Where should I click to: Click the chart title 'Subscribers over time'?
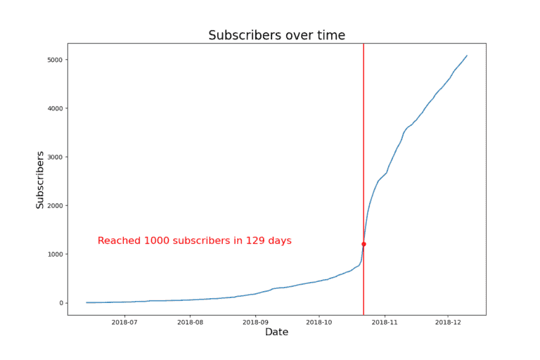tap(276, 35)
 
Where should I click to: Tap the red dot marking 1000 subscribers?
tap(364, 244)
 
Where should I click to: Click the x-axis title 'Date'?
tap(276, 332)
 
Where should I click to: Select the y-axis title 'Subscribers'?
tap(40, 179)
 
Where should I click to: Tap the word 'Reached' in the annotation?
tap(119, 241)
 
